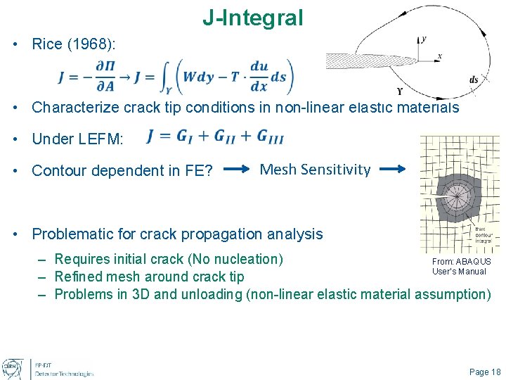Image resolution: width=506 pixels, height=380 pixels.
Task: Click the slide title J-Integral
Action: click(x=252, y=18)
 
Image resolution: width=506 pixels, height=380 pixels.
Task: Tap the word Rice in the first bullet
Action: click(x=48, y=44)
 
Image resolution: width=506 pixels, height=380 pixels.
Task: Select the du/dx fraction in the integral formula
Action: click(x=259, y=76)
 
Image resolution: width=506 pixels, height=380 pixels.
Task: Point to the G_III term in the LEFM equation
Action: click(x=271, y=137)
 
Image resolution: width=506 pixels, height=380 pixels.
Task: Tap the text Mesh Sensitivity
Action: click(x=315, y=169)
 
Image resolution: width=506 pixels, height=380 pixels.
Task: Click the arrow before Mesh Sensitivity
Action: click(x=239, y=170)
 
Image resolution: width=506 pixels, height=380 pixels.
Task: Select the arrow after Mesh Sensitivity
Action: click(x=398, y=170)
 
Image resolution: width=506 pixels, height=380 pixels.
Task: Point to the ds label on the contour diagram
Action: click(x=474, y=80)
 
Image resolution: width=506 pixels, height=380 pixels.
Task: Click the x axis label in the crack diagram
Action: click(x=439, y=56)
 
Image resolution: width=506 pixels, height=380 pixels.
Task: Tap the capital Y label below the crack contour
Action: click(x=400, y=91)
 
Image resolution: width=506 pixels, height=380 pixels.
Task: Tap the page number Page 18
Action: click(x=485, y=372)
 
